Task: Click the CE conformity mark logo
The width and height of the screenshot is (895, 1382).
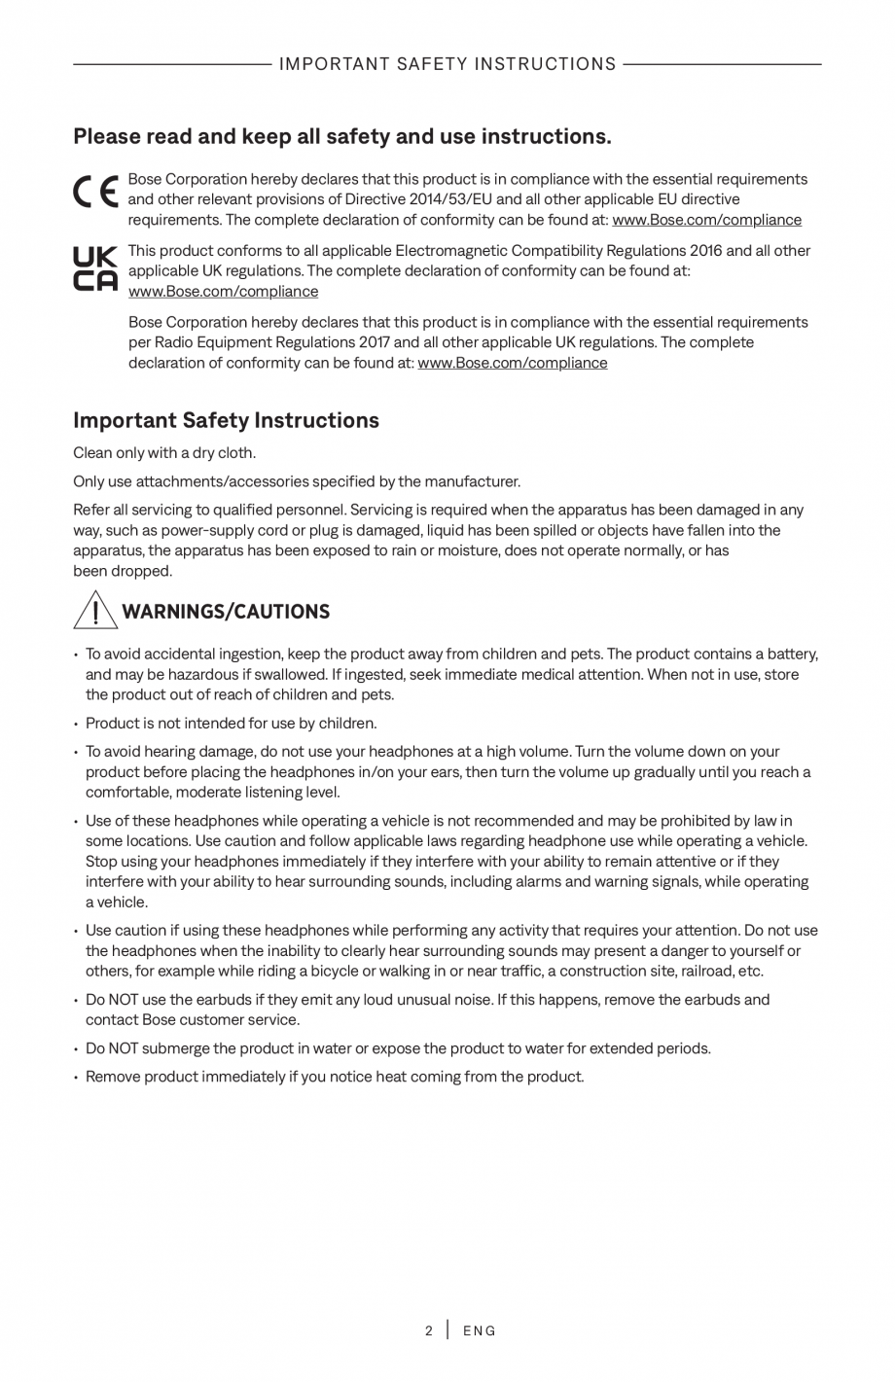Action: (x=96, y=192)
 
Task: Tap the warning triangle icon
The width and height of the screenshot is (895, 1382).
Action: (x=94, y=610)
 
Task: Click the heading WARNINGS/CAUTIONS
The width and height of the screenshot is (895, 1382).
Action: (x=226, y=612)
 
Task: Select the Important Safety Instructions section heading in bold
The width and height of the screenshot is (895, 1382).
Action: (x=226, y=420)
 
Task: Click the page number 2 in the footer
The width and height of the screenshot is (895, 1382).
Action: (x=429, y=1330)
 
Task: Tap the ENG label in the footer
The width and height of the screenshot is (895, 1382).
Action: (x=480, y=1330)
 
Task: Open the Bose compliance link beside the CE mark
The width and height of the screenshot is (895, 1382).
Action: (x=706, y=220)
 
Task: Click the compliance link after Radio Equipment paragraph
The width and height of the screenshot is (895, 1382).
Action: (x=512, y=363)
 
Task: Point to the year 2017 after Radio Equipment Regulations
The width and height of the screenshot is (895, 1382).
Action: (x=374, y=342)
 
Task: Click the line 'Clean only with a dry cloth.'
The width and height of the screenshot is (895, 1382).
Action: (x=164, y=452)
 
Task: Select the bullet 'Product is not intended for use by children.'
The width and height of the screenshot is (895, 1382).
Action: (x=231, y=723)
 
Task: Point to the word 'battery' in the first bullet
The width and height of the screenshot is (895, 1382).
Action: (x=791, y=654)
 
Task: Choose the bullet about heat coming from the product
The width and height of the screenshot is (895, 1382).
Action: (x=335, y=1077)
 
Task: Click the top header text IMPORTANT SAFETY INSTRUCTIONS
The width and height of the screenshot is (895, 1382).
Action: (x=447, y=64)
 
